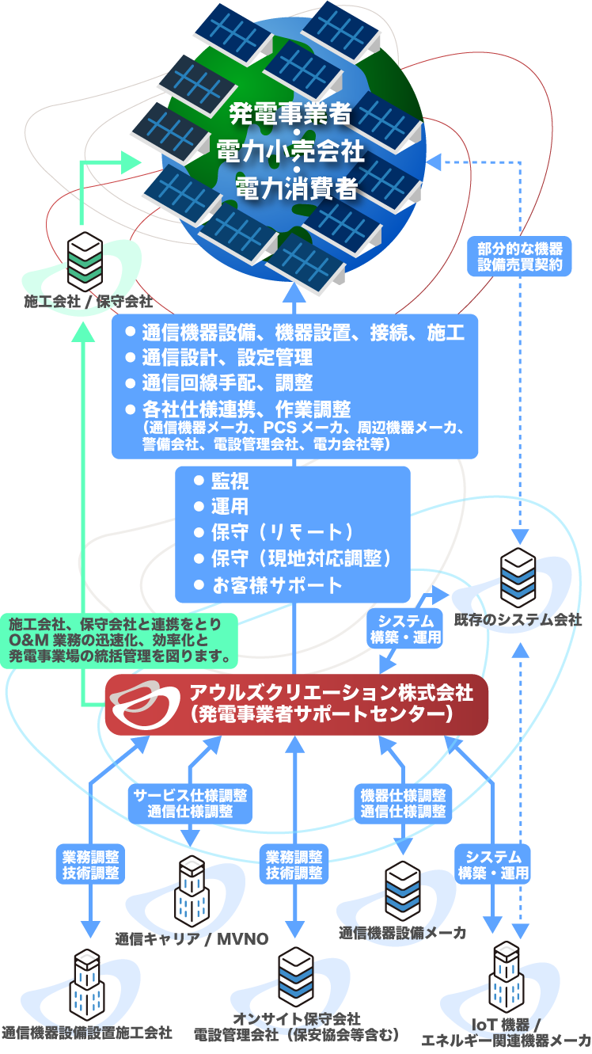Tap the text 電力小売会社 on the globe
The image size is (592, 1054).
click(x=290, y=151)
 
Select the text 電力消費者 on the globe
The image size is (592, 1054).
click(x=290, y=188)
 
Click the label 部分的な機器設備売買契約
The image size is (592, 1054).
click(x=520, y=256)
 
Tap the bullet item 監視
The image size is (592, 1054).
click(x=230, y=481)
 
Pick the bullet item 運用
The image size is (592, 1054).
click(x=230, y=507)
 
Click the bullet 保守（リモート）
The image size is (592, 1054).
click(x=281, y=533)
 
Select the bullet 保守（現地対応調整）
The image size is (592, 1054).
click(x=301, y=559)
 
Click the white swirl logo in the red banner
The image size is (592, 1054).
click(x=144, y=705)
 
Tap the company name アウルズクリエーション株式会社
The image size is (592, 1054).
click(x=331, y=694)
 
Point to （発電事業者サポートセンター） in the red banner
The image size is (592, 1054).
click(x=321, y=715)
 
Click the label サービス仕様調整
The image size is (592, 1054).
click(x=190, y=795)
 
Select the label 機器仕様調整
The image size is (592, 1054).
click(x=403, y=795)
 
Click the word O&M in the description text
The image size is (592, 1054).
click(x=25, y=640)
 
